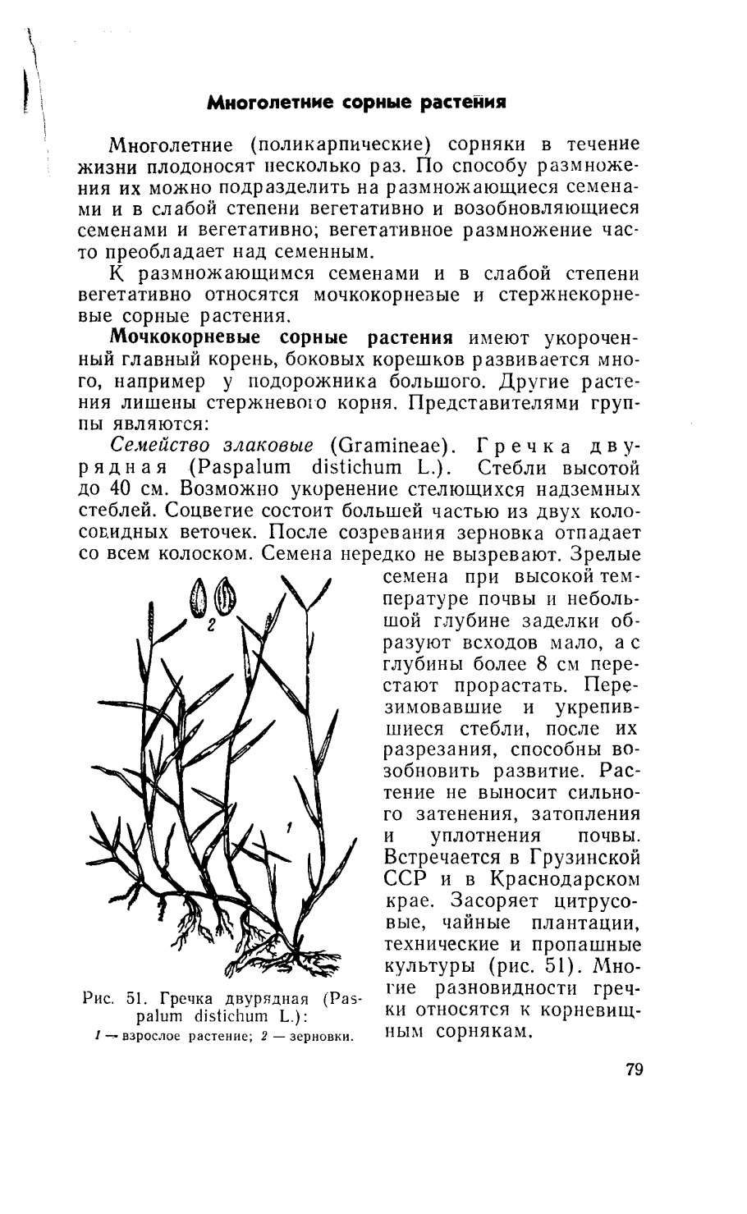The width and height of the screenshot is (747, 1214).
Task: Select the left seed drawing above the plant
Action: [198, 597]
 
